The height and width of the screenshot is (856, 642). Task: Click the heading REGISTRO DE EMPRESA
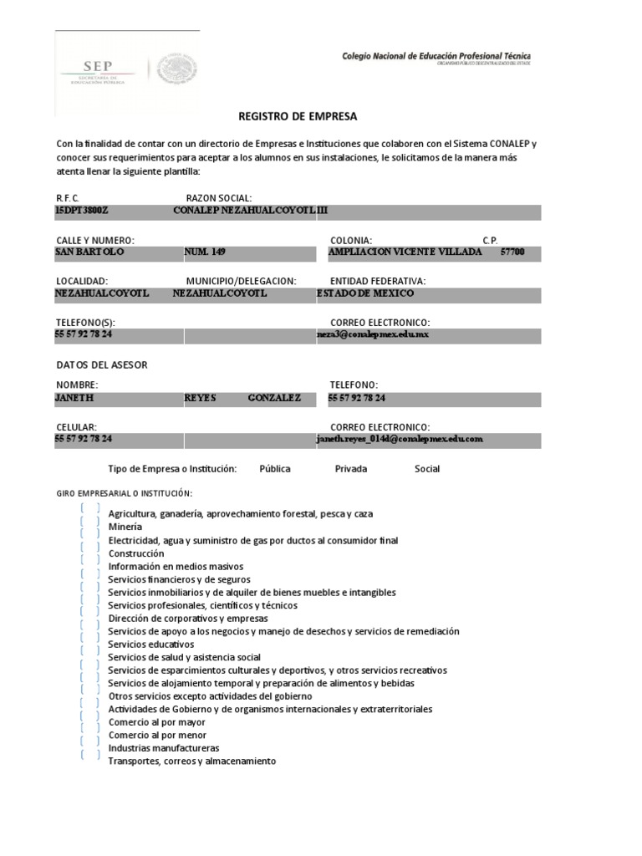tap(285, 117)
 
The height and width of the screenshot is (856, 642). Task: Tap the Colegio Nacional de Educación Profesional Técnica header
tap(436, 56)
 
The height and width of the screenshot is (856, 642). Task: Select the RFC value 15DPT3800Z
tap(82, 211)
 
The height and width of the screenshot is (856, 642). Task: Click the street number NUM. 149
tap(205, 252)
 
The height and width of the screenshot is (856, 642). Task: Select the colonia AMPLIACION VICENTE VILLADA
tap(405, 252)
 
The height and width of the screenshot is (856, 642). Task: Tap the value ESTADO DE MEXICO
tap(365, 293)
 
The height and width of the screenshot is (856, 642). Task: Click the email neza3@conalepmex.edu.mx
tap(373, 334)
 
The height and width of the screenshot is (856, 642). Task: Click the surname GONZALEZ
tap(275, 398)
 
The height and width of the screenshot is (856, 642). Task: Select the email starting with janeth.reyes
tap(400, 439)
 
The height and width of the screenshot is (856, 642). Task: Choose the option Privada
tap(351, 469)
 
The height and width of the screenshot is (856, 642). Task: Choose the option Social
tap(427, 469)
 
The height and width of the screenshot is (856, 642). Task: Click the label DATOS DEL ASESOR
tap(101, 365)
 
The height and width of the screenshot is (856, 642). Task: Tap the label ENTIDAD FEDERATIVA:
tap(378, 281)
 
